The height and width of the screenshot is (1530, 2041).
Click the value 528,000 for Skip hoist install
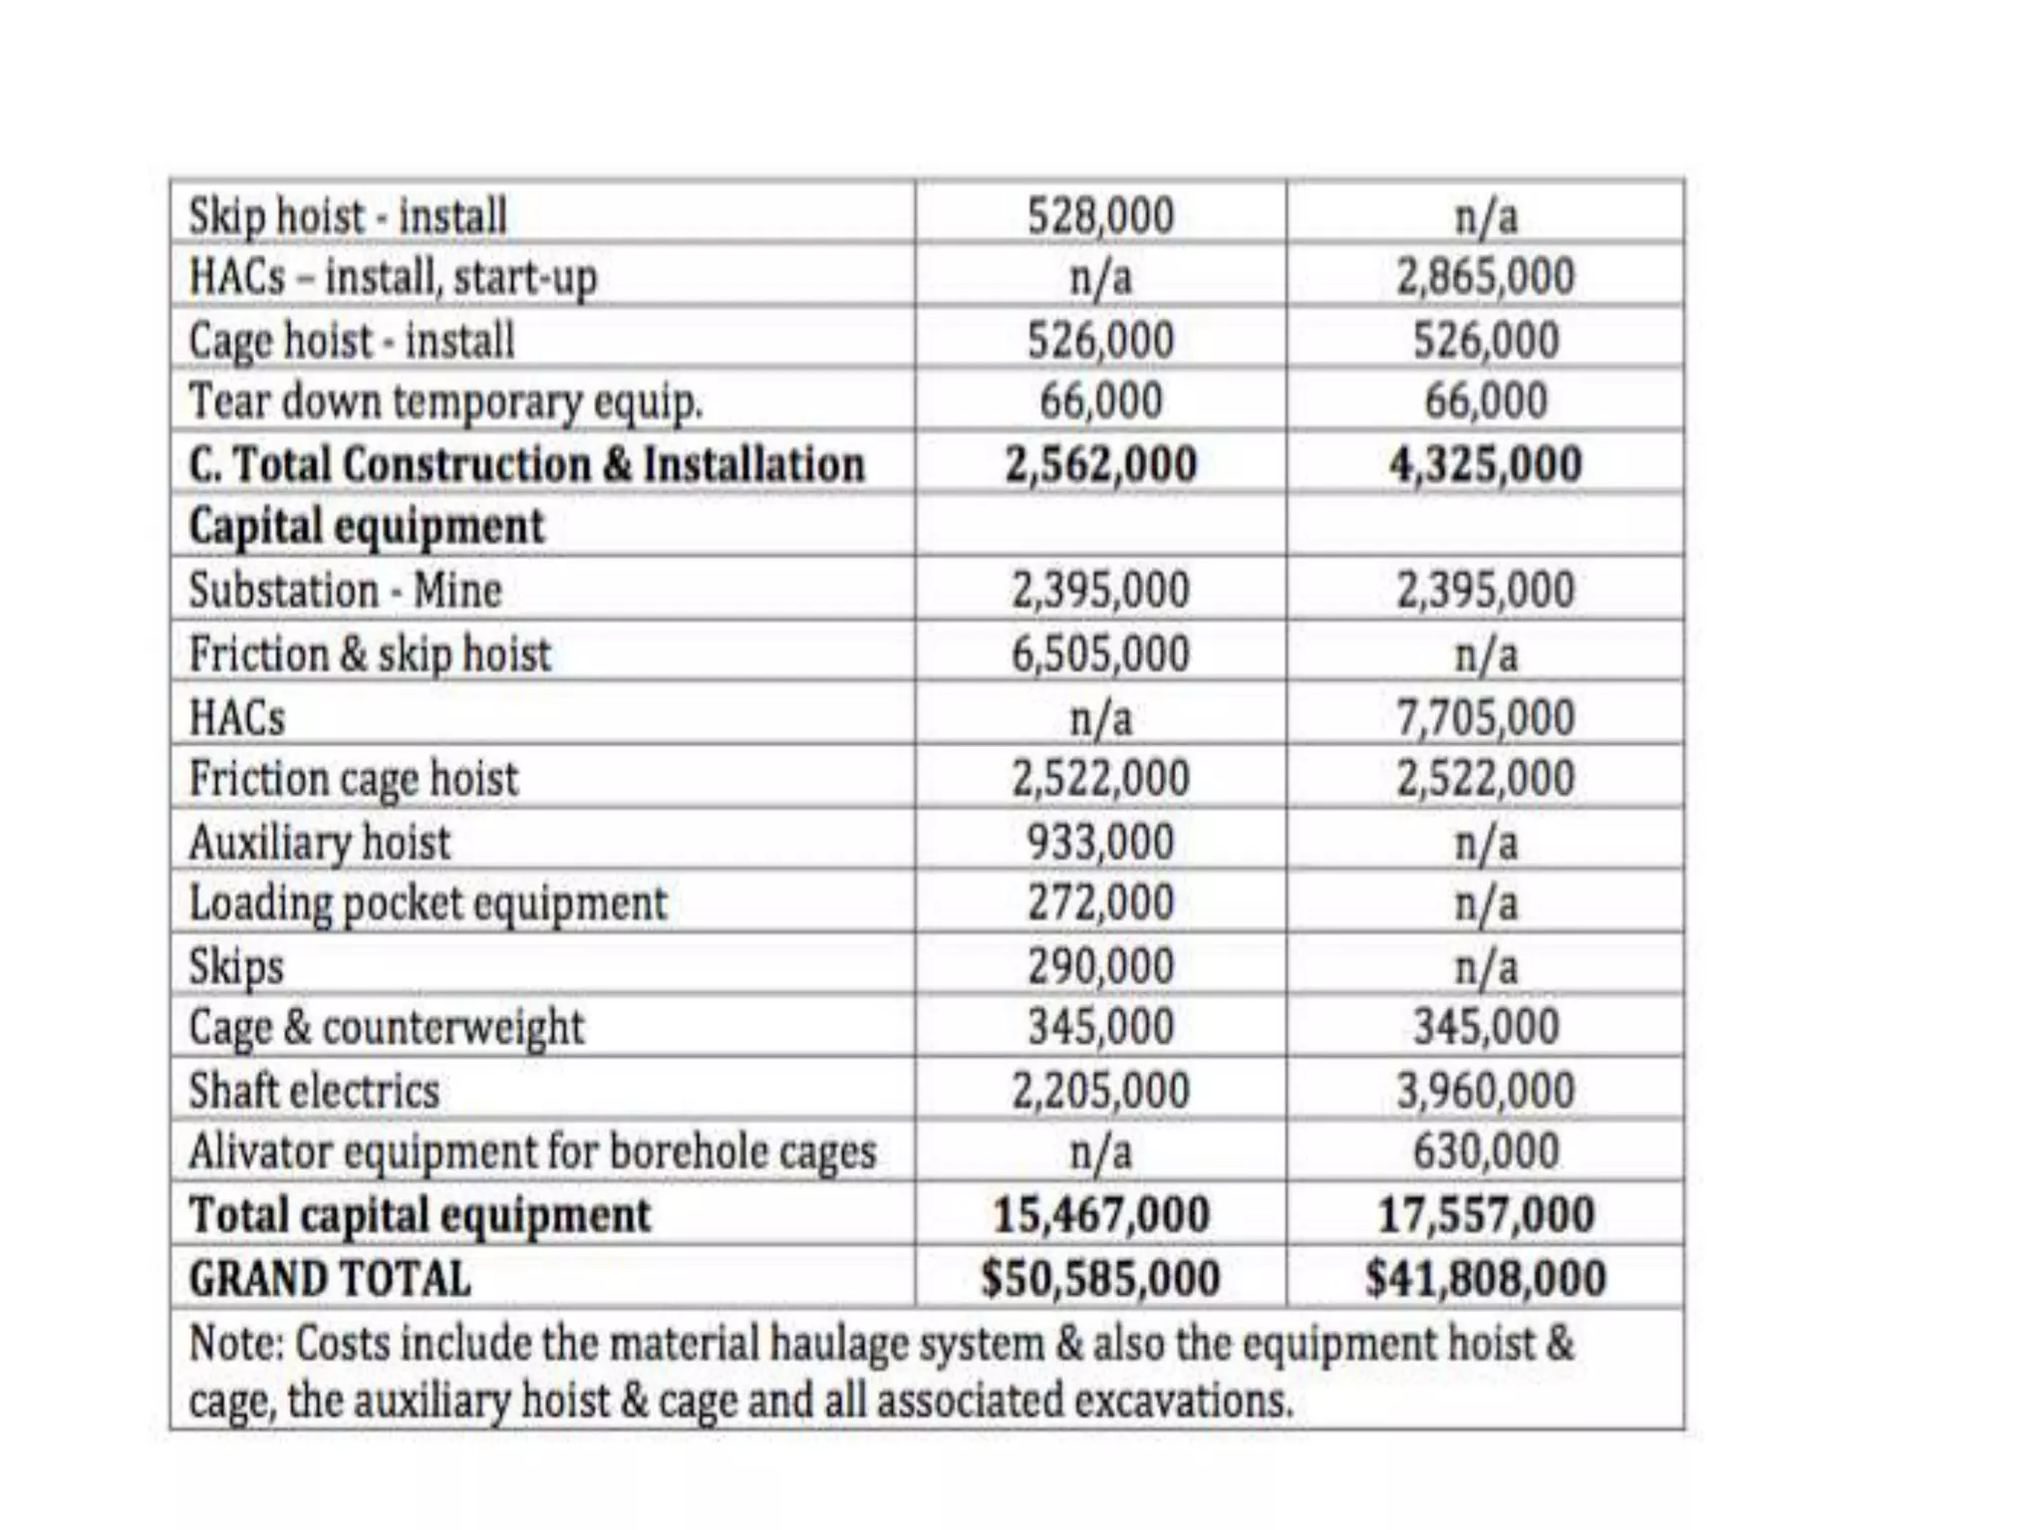(x=1100, y=215)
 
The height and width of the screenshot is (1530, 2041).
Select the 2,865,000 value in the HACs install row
(x=1485, y=277)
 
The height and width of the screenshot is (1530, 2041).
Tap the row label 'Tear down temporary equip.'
(x=445, y=401)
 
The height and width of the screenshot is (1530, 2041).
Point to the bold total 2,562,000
(x=1100, y=464)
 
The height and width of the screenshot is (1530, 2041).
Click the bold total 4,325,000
(x=1485, y=464)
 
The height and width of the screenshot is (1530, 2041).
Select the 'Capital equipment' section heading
(x=367, y=526)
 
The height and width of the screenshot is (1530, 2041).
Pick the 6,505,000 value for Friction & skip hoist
(x=1100, y=654)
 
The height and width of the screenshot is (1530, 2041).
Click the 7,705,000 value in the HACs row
(x=1485, y=717)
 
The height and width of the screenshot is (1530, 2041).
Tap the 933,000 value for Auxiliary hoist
(x=1100, y=842)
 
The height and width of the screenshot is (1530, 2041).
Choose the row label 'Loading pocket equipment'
(x=428, y=903)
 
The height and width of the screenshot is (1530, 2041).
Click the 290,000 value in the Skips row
(x=1100, y=966)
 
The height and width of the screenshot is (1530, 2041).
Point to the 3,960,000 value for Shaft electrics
(x=1485, y=1090)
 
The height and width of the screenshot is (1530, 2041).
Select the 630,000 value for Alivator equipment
(x=1485, y=1151)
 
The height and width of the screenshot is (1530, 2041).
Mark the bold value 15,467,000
(x=1100, y=1214)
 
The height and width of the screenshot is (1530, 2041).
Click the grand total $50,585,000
(x=1100, y=1278)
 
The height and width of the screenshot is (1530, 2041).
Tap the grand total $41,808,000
(x=1485, y=1278)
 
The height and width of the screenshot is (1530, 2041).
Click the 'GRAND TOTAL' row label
(x=330, y=1279)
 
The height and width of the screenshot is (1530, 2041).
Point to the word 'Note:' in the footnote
(x=237, y=1343)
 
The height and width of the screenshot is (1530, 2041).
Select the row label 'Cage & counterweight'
(x=386, y=1027)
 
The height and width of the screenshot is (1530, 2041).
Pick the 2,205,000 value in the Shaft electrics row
(x=1100, y=1090)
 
